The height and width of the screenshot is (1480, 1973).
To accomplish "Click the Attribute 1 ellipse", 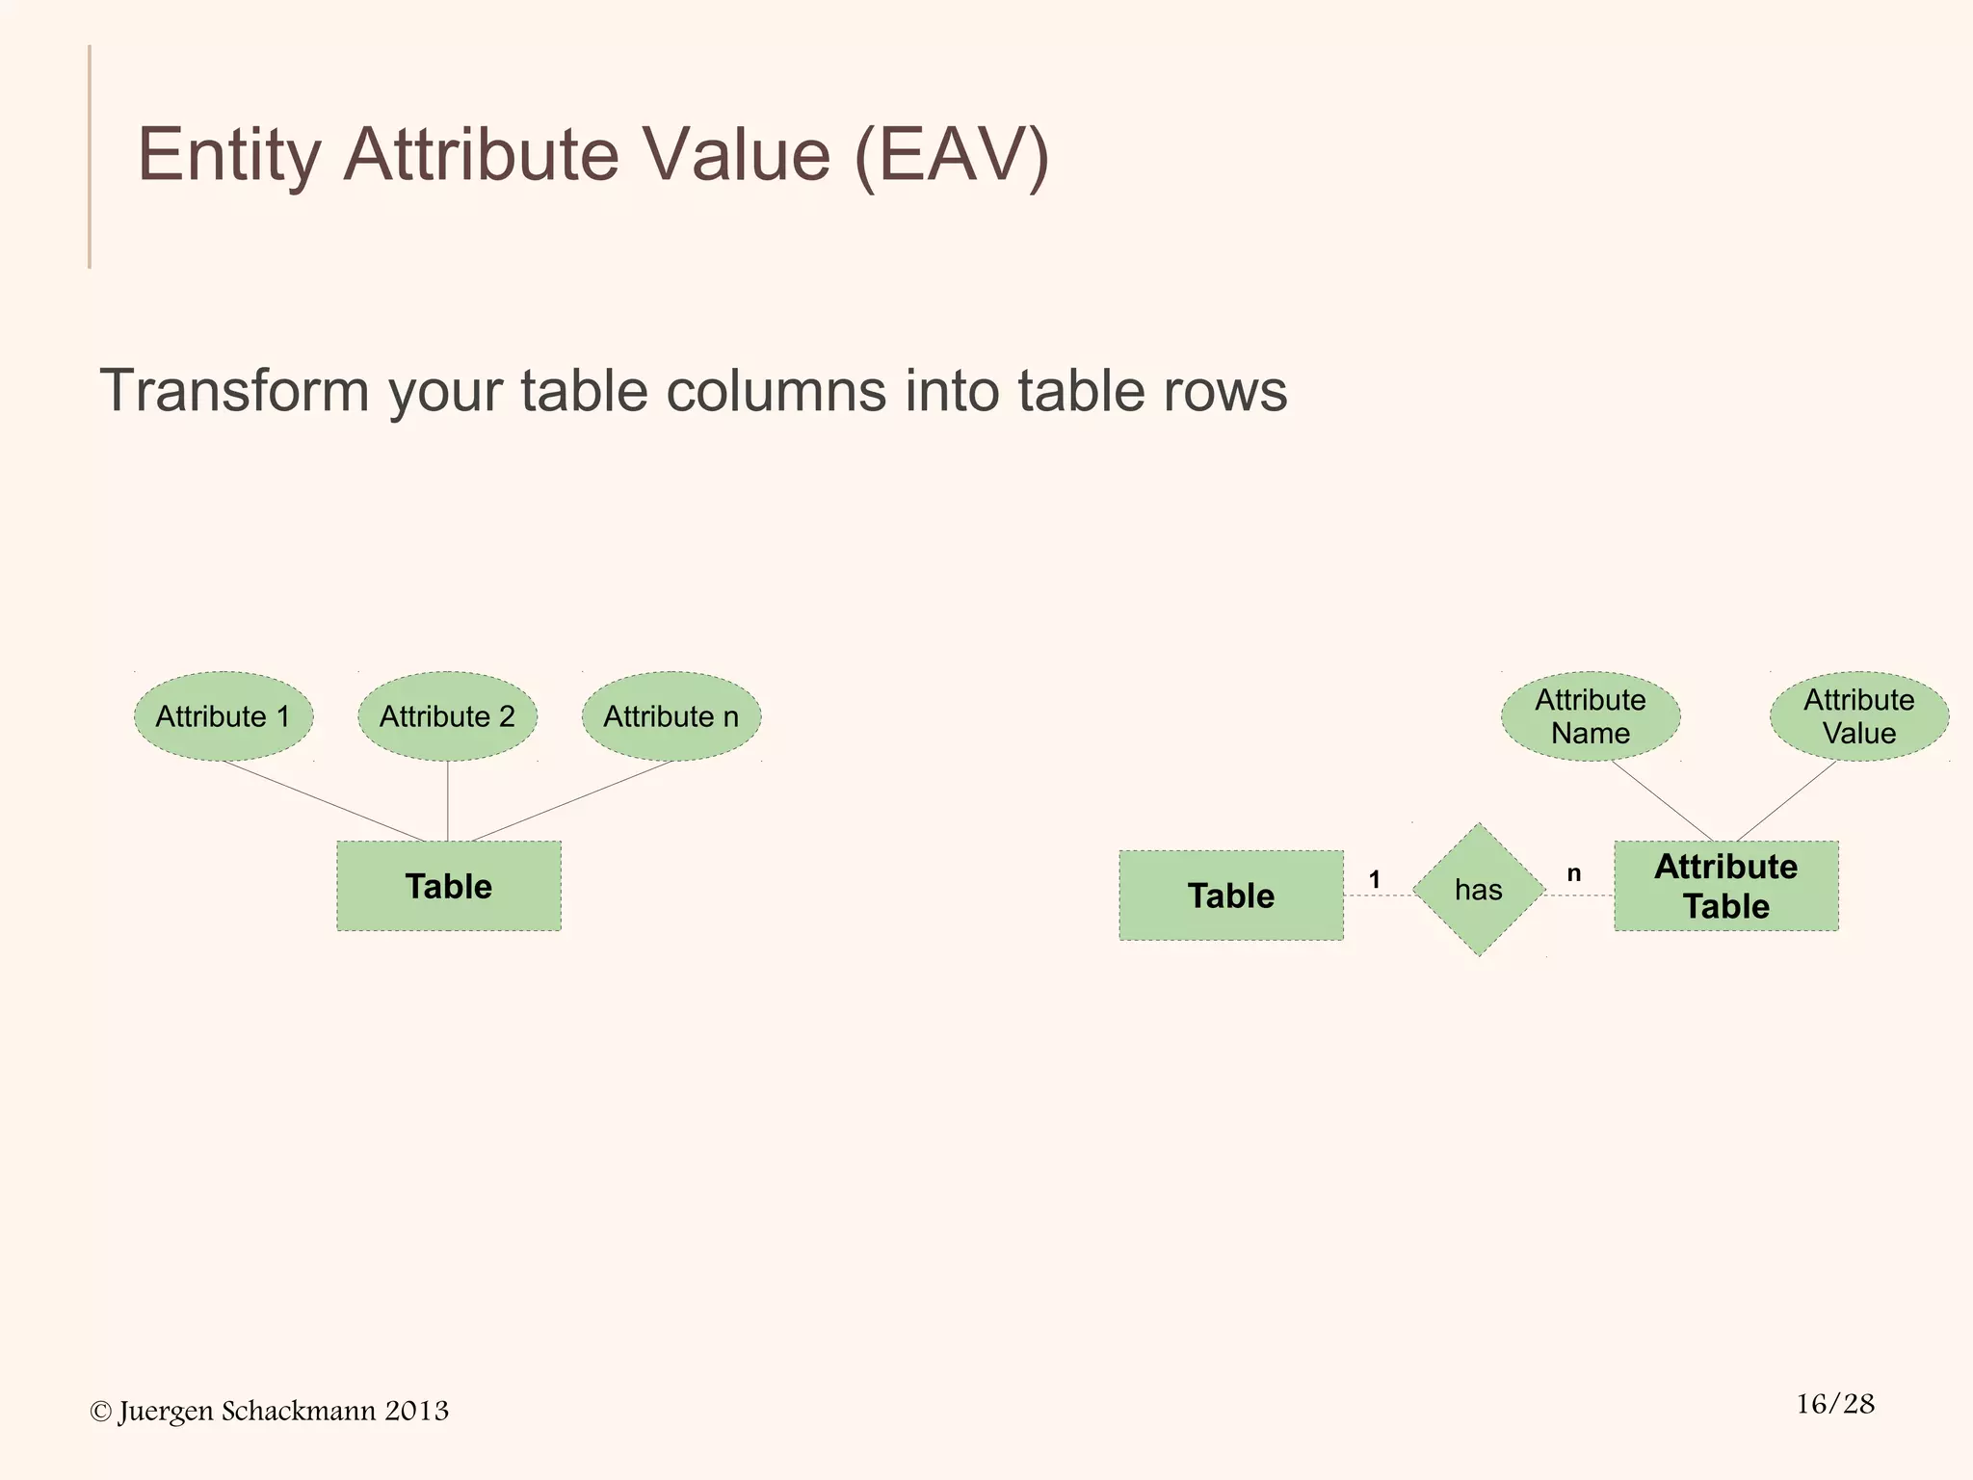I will click(224, 716).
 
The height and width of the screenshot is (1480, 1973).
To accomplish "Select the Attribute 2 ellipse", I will click(447, 716).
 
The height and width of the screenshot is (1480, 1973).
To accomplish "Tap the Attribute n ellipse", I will click(671, 716).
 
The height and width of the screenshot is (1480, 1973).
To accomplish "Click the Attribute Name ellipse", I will click(1591, 716).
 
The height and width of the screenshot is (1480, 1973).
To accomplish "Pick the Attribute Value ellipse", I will click(1859, 716).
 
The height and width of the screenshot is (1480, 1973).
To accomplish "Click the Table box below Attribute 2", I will click(449, 886).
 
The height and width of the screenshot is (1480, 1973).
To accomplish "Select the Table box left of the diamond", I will click(1231, 896).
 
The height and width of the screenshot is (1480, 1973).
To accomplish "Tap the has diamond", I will click(1479, 890).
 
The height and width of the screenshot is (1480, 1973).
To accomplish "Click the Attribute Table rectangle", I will click(1726, 886).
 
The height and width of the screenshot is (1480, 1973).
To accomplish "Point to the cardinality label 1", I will click(1375, 879).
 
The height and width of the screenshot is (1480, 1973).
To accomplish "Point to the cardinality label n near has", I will click(1574, 873).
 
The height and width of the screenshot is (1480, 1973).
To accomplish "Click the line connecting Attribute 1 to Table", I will click(324, 801).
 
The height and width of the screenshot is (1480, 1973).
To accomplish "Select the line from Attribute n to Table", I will click(572, 801).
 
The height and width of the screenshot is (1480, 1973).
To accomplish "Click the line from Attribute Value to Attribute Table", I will click(1787, 801).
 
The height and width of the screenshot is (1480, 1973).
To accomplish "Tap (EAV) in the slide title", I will click(952, 154).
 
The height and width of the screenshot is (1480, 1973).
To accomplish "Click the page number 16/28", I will click(1835, 1404).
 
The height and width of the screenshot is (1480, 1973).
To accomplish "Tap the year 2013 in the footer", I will click(416, 1411).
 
